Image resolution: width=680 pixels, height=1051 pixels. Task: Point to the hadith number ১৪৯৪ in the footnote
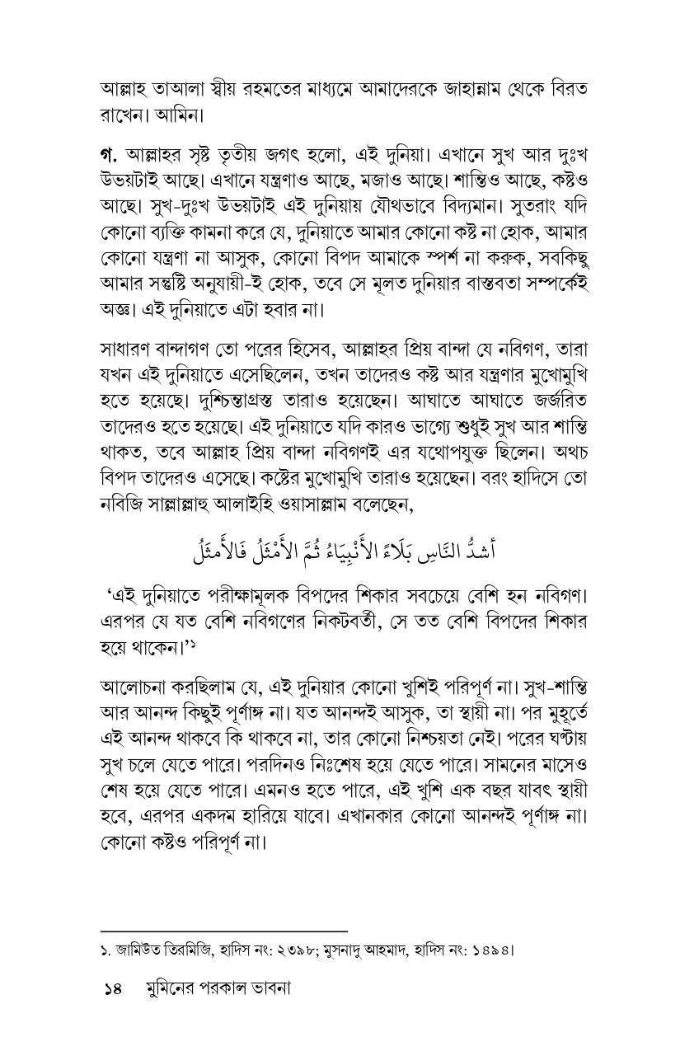[491, 950]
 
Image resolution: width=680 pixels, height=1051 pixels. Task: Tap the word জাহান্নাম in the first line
[484, 87]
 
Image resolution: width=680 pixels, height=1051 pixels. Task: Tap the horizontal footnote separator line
[223, 931]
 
